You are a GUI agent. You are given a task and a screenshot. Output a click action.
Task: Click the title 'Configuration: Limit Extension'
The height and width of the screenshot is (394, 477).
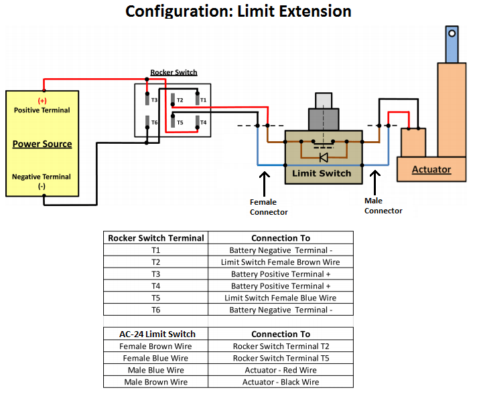(x=238, y=11)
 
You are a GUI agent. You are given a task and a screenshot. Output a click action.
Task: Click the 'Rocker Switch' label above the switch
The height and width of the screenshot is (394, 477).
(x=174, y=72)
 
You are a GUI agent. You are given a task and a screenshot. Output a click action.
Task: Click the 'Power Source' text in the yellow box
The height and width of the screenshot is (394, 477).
(x=42, y=144)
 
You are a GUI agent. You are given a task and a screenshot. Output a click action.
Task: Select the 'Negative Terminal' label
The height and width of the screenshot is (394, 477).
(x=42, y=177)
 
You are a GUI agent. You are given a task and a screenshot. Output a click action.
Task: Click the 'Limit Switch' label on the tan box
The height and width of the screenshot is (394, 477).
(x=322, y=173)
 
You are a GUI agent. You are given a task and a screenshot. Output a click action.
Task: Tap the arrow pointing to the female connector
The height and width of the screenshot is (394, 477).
(x=265, y=182)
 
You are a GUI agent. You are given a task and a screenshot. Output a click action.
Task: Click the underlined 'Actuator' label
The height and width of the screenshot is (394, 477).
(x=431, y=169)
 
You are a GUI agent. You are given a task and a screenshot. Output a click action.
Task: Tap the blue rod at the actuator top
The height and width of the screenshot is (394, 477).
(x=452, y=43)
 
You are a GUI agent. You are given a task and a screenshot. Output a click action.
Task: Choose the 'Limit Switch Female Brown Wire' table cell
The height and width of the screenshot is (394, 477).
(x=281, y=262)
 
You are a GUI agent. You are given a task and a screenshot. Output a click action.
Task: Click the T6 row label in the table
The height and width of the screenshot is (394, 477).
(x=155, y=310)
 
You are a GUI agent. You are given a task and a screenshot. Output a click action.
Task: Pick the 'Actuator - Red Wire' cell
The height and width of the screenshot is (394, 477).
(x=281, y=370)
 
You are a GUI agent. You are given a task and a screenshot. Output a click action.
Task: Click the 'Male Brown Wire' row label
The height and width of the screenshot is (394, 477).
(x=155, y=382)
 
